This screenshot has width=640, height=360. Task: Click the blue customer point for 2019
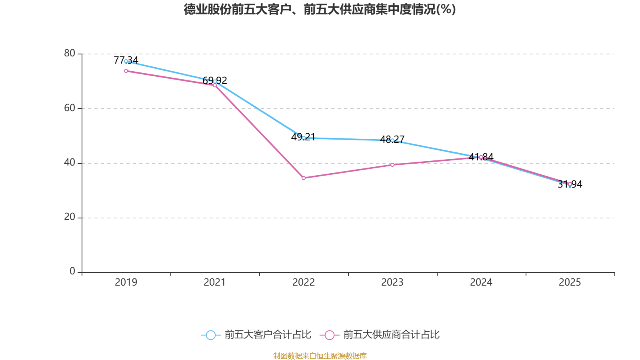(126, 61)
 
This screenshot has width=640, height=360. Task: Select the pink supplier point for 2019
(126, 71)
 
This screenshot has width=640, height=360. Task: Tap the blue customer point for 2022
(304, 138)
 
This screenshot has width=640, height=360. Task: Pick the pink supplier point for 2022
(304, 178)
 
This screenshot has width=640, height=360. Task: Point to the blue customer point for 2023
(392, 140)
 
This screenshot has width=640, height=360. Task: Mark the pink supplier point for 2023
(392, 165)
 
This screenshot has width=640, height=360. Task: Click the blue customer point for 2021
(215, 81)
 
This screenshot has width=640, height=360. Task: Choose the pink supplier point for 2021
(215, 85)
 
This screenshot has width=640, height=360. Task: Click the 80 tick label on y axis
(70, 53)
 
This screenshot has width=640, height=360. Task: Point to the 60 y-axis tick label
(70, 108)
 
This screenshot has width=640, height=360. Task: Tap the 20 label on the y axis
(70, 217)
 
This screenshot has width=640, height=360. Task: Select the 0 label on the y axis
(72, 272)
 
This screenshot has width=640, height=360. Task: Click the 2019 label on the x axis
(126, 282)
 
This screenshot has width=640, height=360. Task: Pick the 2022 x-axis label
(304, 282)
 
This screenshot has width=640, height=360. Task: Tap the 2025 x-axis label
(570, 282)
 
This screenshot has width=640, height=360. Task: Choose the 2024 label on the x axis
(481, 282)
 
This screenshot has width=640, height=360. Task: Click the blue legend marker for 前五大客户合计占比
(210, 335)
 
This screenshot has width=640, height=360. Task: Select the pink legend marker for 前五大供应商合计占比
(329, 335)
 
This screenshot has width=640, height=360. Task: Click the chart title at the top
(320, 9)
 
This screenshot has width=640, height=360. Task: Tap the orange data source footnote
(320, 356)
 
